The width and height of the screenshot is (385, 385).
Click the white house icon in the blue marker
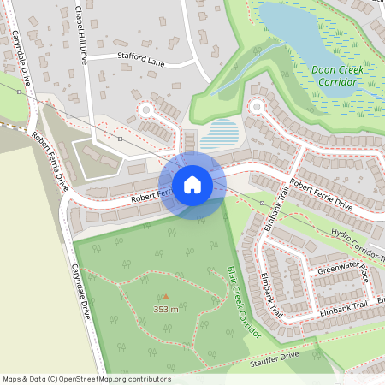click(x=192, y=185)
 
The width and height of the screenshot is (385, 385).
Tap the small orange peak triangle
click(x=166, y=298)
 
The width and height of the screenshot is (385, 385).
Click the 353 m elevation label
click(x=165, y=309)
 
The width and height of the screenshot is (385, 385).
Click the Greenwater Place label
click(x=342, y=271)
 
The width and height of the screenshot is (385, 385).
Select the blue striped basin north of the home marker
click(x=219, y=133)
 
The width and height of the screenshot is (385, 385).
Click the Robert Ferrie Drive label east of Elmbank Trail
click(x=321, y=193)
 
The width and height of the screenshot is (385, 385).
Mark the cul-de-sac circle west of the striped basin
click(x=146, y=110)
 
